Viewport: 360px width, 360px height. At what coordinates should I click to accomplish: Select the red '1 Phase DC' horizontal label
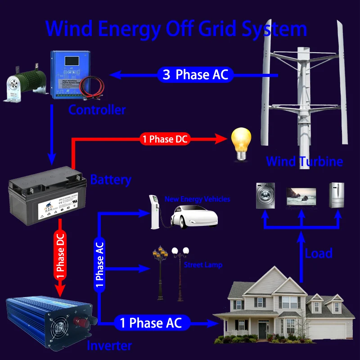(x=165, y=139)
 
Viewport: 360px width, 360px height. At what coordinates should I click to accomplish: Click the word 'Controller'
(x=97, y=109)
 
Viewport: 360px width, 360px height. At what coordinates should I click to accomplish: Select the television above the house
(x=301, y=197)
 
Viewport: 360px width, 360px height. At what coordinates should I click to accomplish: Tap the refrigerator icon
(x=336, y=195)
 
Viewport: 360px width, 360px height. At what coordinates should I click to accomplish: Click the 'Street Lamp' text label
(x=203, y=265)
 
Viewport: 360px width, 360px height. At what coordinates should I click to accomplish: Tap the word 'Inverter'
(x=109, y=346)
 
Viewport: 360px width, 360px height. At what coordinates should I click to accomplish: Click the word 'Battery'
(x=111, y=180)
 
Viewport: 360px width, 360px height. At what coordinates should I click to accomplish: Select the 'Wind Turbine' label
(x=304, y=162)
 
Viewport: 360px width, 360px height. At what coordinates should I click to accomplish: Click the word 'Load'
(x=319, y=253)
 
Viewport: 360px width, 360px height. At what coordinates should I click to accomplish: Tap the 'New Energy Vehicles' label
(x=197, y=199)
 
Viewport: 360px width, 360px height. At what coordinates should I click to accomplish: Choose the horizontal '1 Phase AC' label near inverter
(x=150, y=323)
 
